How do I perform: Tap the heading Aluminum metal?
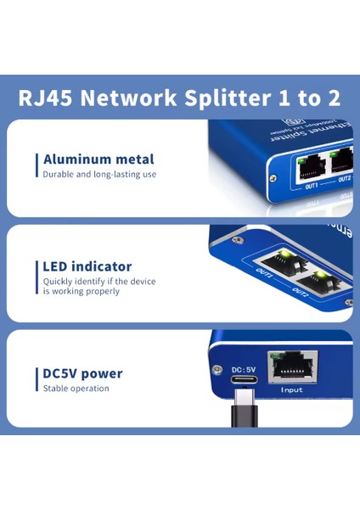[x=98, y=159]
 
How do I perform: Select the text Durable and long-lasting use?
[x=99, y=174]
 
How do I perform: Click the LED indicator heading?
[x=87, y=266]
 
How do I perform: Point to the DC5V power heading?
[x=82, y=373]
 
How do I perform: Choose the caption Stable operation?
[x=76, y=389]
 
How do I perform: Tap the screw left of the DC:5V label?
[x=217, y=369]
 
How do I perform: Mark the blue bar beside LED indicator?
[x=37, y=277]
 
